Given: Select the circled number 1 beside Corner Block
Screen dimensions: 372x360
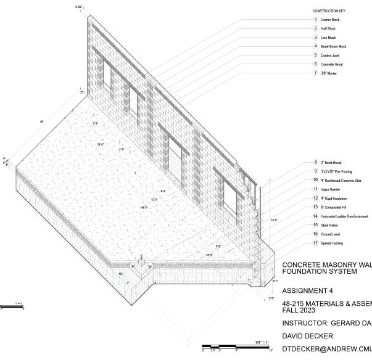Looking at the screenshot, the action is click(315, 20).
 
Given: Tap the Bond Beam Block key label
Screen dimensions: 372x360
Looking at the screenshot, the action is click(334, 46).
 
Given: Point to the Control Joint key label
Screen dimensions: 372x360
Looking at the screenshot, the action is click(331, 55).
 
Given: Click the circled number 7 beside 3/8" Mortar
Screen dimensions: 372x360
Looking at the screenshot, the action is click(315, 73).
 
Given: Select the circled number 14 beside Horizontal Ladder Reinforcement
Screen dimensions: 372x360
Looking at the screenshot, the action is click(315, 216).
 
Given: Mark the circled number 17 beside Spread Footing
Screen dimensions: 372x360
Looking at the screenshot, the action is click(315, 243).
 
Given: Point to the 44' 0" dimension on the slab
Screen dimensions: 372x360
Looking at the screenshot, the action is click(145, 208).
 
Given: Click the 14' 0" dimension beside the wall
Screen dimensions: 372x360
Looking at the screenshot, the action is click(274, 219).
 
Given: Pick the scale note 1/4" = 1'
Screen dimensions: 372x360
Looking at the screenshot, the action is click(262, 342).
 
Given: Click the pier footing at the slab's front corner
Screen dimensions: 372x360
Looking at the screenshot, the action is click(142, 266).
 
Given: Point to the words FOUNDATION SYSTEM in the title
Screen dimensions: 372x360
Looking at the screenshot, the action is click(319, 271).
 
